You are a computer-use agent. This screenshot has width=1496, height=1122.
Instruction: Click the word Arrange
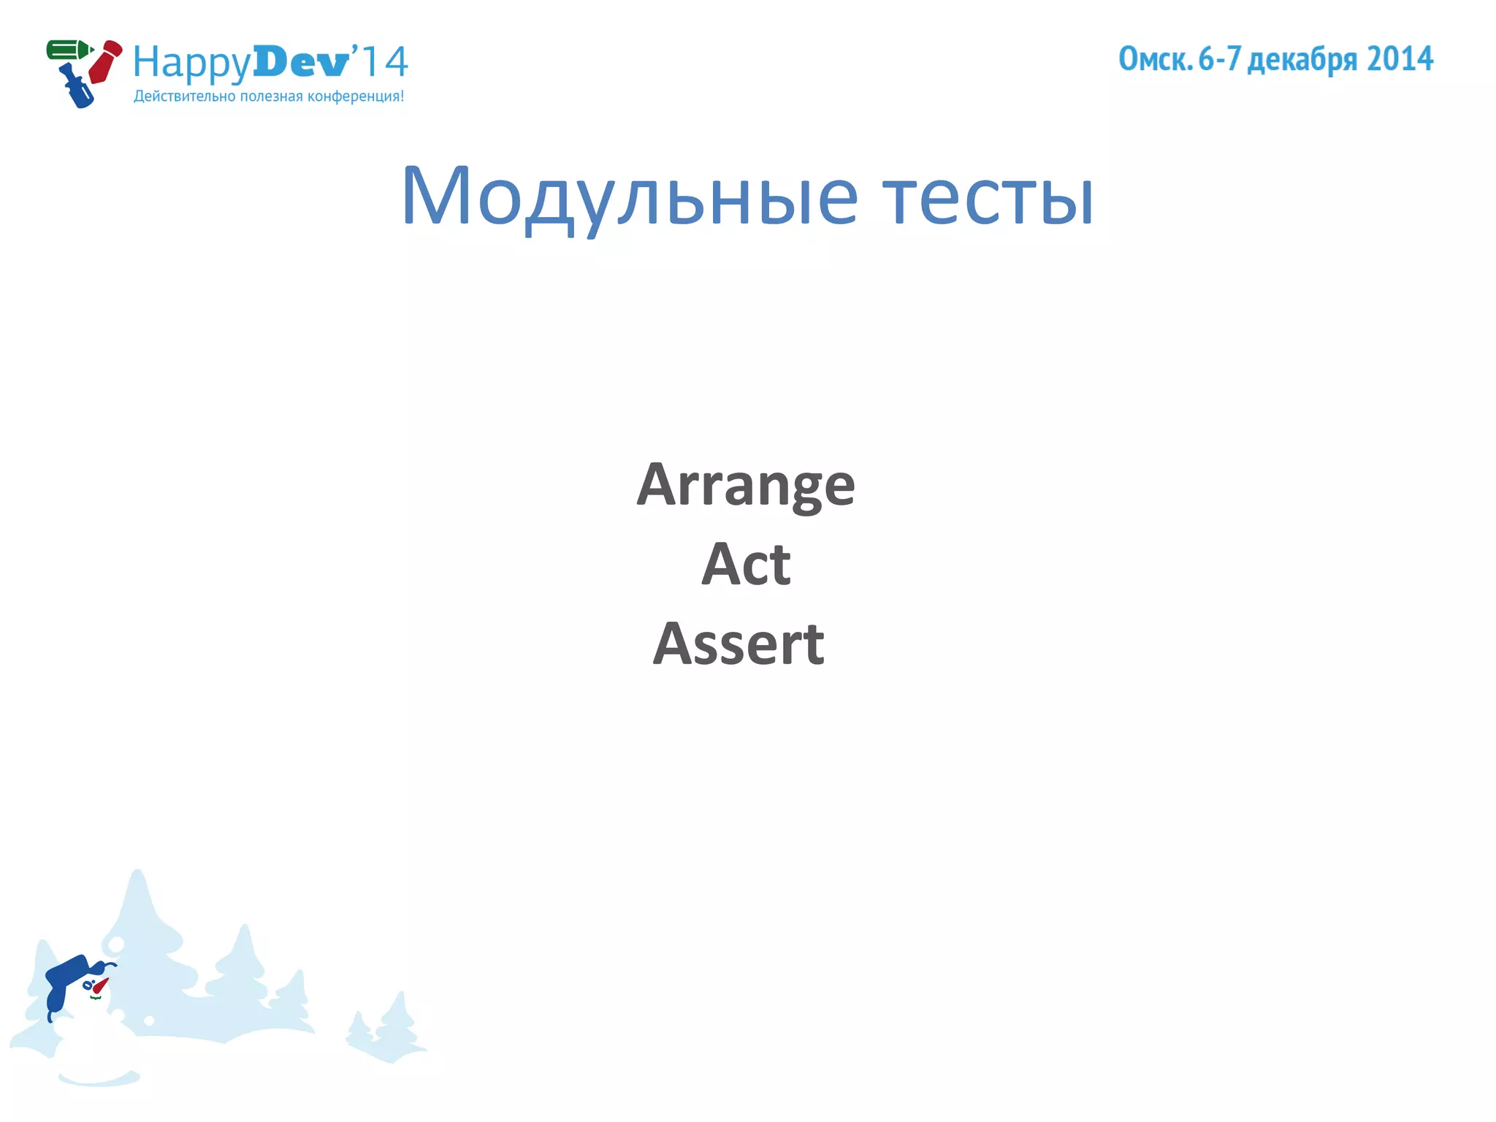click(745, 485)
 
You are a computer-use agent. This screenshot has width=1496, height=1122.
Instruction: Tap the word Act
click(746, 564)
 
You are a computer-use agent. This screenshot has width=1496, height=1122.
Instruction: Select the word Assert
click(739, 644)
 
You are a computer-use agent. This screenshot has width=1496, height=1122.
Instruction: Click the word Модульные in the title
click(629, 196)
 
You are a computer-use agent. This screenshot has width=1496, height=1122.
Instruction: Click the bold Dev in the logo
click(300, 62)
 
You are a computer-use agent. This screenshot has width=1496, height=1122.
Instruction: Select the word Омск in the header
click(1155, 59)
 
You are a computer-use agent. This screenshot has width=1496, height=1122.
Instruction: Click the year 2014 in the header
click(1400, 59)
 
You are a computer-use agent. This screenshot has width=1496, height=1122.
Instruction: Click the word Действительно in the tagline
click(185, 96)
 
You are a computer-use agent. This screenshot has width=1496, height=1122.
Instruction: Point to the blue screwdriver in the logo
click(77, 87)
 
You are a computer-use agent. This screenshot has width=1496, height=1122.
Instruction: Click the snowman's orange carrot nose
click(100, 985)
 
